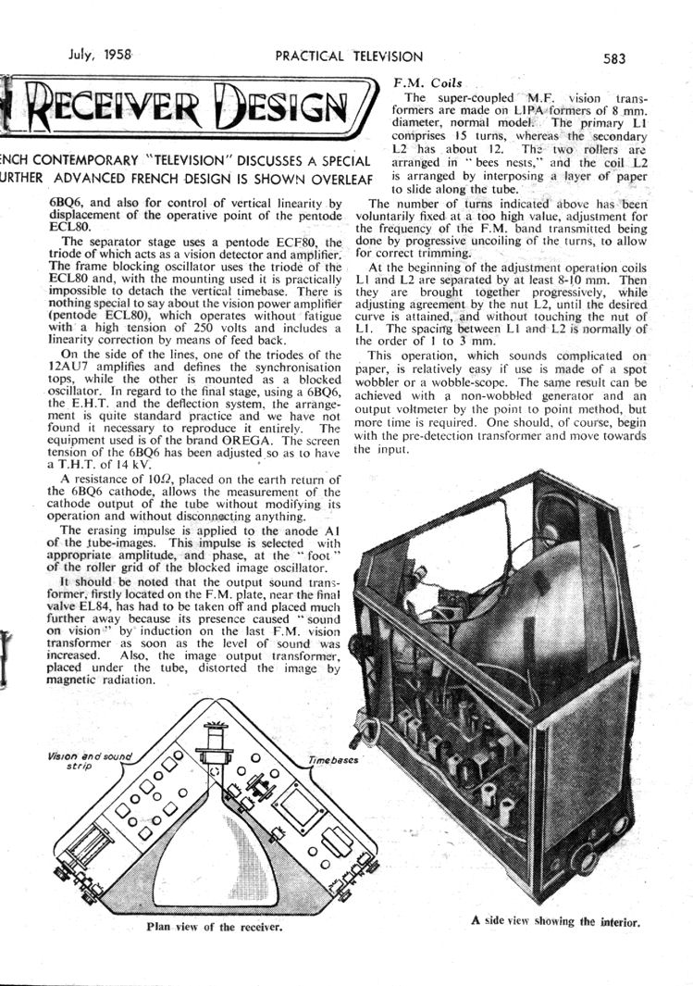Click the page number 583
(x=613, y=57)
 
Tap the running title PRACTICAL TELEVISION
(x=349, y=56)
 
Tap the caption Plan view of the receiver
(x=214, y=925)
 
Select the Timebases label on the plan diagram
(x=331, y=758)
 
